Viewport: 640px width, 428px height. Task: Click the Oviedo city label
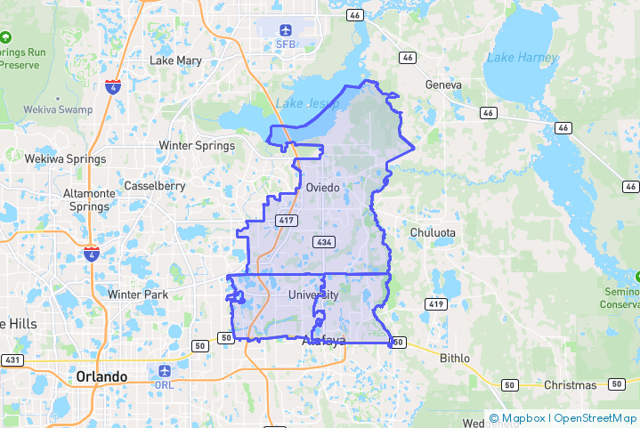pyautogui.click(x=321, y=188)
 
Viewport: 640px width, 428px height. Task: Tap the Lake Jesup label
pyautogui.click(x=307, y=103)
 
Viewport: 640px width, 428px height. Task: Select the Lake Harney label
pyautogui.click(x=523, y=58)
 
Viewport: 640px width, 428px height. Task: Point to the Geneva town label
pyautogui.click(x=444, y=85)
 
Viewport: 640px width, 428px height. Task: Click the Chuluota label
pyautogui.click(x=433, y=233)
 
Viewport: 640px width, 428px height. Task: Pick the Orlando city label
pyautogui.click(x=101, y=376)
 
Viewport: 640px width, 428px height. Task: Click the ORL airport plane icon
pyautogui.click(x=165, y=370)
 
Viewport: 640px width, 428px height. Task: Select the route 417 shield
pyautogui.click(x=286, y=220)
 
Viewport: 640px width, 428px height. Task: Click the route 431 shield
pyautogui.click(x=12, y=359)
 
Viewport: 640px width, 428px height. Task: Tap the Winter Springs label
pyautogui.click(x=197, y=145)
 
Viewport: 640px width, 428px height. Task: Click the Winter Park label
pyautogui.click(x=137, y=294)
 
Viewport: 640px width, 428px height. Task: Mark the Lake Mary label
pyautogui.click(x=176, y=61)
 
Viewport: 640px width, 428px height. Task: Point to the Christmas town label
pyautogui.click(x=570, y=384)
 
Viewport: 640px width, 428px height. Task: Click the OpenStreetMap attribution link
pyautogui.click(x=595, y=417)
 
